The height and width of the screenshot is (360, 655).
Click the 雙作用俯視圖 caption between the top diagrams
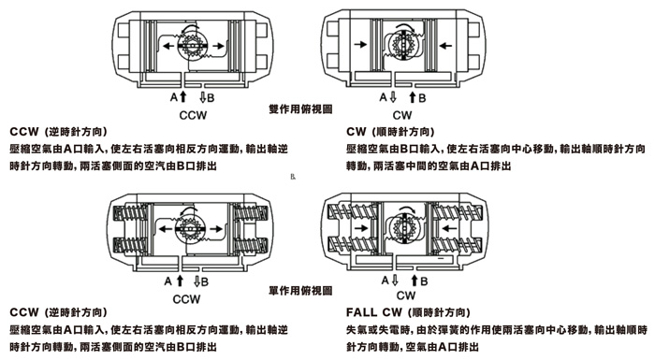tap(300, 109)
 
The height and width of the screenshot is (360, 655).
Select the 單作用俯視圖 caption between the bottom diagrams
tap(300, 291)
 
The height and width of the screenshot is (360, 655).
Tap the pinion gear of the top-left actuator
tap(192, 46)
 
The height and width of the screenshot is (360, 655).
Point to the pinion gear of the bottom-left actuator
tap(190, 229)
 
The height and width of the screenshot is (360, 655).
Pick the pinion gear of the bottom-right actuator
tap(404, 228)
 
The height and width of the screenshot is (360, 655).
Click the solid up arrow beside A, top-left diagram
tap(182, 97)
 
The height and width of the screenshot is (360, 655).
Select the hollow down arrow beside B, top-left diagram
tap(203, 97)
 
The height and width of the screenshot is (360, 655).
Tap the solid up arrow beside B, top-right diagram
tap(413, 97)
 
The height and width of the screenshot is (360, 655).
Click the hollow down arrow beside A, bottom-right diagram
tap(394, 280)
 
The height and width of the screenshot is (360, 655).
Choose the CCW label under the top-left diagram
tap(193, 115)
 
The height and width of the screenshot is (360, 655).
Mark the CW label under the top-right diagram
tap(402, 115)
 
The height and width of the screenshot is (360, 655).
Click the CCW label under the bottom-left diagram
tap(186, 299)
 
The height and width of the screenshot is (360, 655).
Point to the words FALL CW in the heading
tap(374, 312)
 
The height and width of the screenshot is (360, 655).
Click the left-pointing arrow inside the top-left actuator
tap(168, 46)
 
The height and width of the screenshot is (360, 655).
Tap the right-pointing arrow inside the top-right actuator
tap(360, 43)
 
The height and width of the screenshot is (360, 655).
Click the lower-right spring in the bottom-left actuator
tap(250, 245)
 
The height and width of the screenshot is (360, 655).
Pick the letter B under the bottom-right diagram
tap(424, 281)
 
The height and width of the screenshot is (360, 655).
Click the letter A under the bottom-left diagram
tap(167, 281)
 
